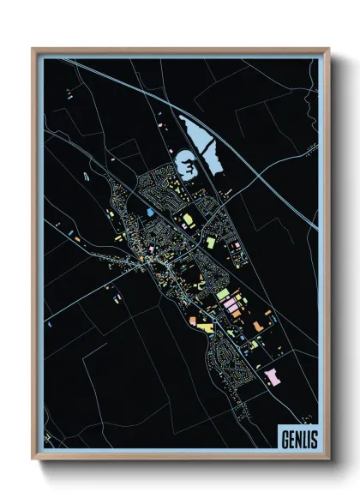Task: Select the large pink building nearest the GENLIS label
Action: click(273, 376)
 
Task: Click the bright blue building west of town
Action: click(150, 211)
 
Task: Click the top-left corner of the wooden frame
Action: click(33, 49)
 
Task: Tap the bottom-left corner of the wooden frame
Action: click(33, 460)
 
